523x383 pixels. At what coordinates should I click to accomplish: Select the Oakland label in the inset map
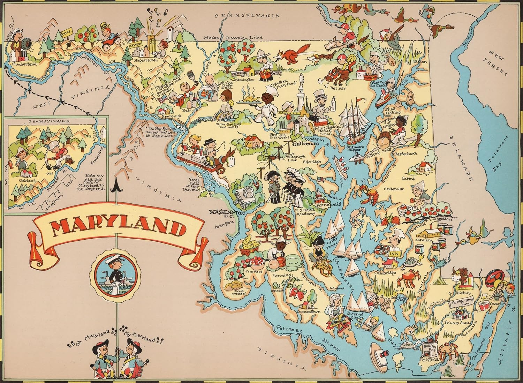[25, 181]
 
